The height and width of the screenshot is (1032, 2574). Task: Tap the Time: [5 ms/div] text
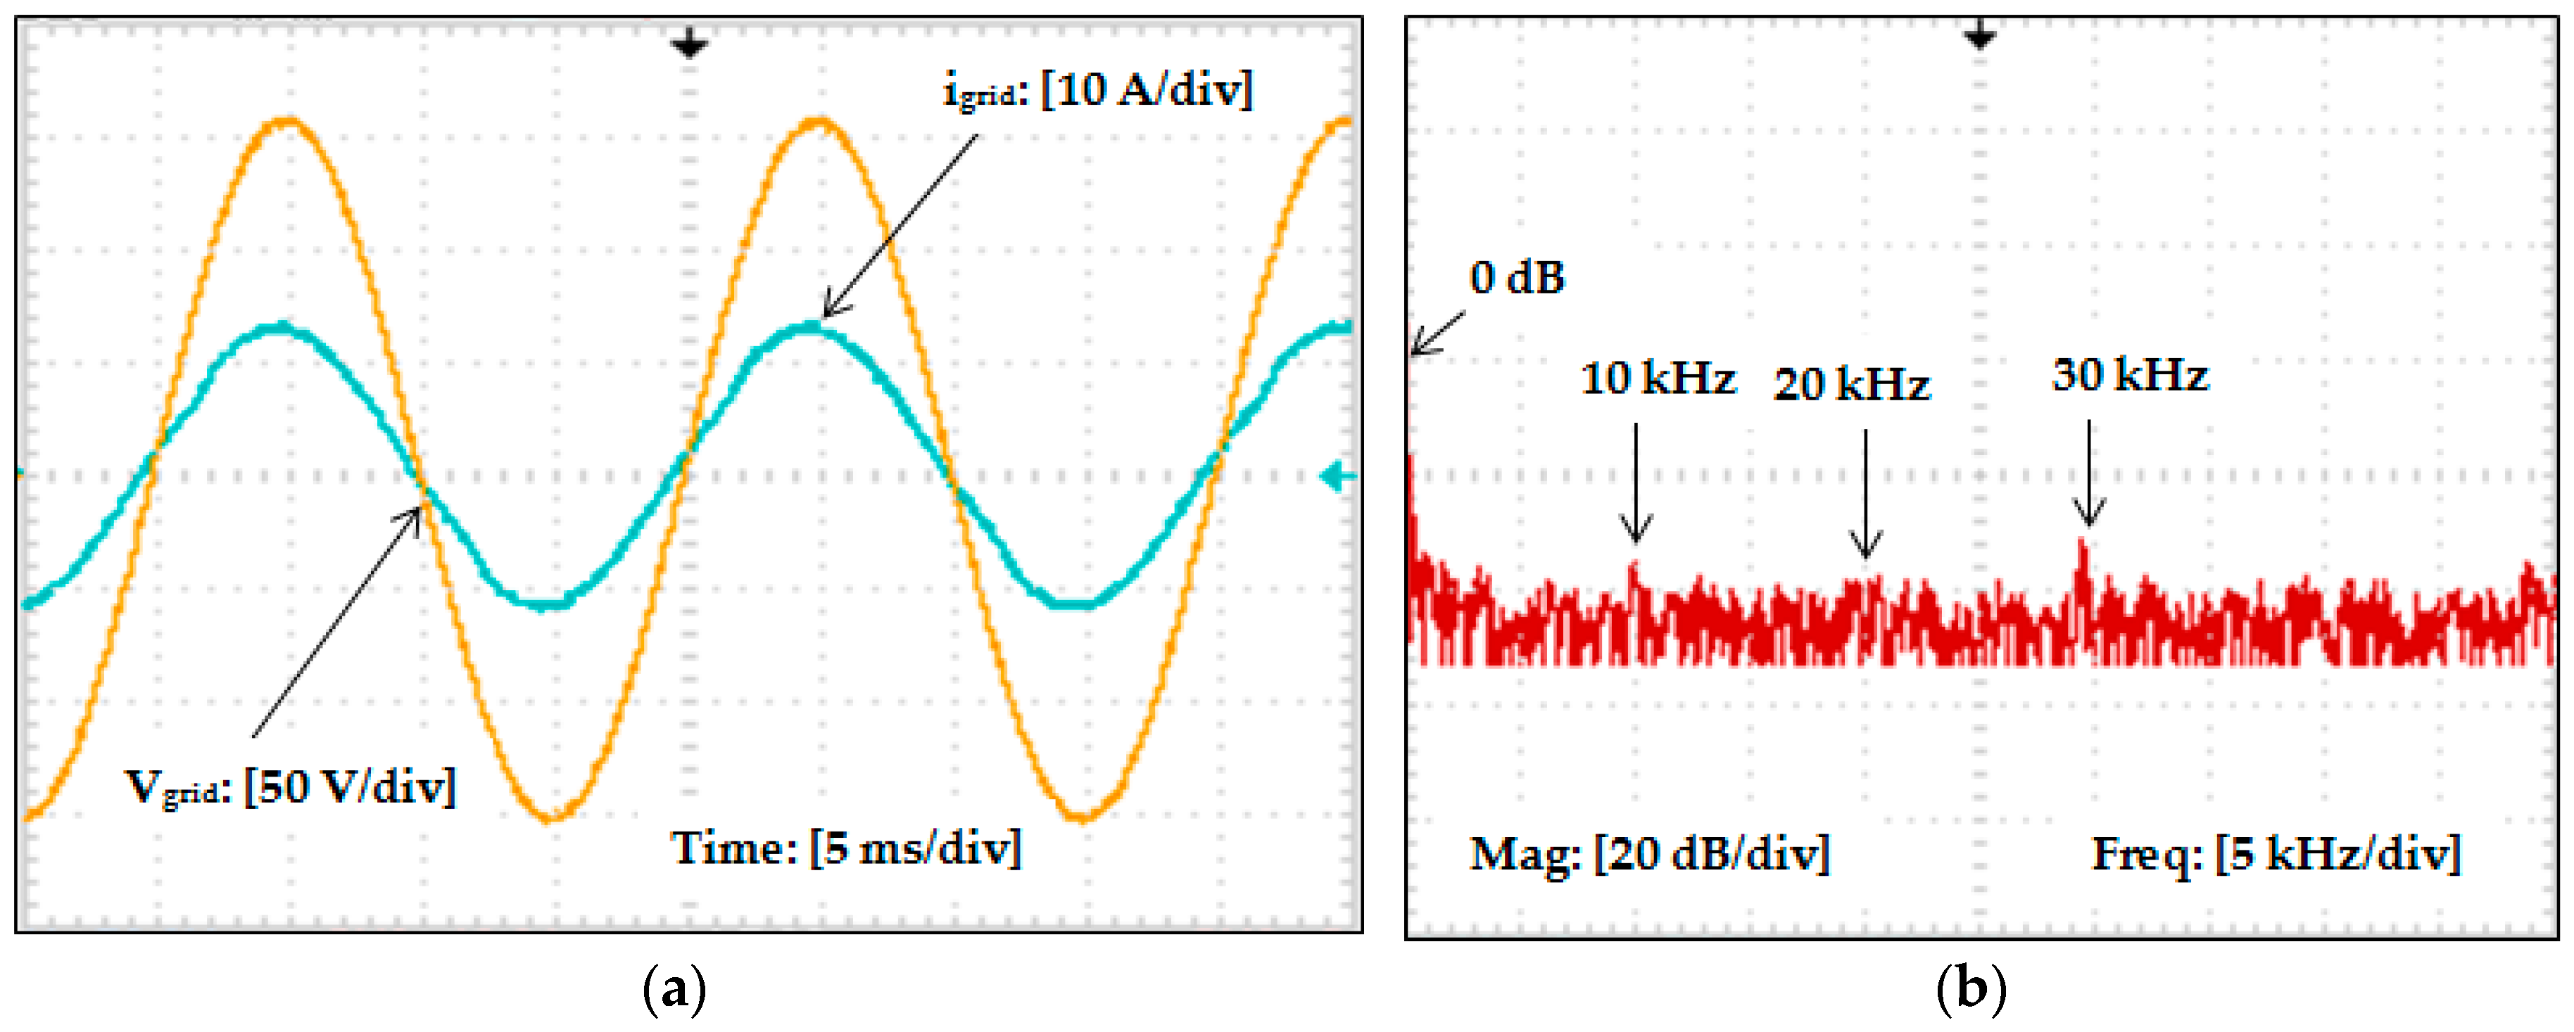(x=845, y=849)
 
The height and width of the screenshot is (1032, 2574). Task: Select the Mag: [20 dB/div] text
(x=1648, y=854)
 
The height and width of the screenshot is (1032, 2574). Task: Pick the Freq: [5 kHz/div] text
(x=2276, y=854)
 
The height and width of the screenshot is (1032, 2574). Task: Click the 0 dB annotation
(x=1516, y=279)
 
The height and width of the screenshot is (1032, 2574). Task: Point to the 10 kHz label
(x=1658, y=378)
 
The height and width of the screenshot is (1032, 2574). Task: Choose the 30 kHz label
(x=2129, y=376)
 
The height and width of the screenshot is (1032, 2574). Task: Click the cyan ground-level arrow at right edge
(x=1337, y=478)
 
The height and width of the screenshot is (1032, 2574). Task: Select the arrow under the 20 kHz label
(x=1865, y=495)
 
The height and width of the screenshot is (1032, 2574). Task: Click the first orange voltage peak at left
(x=288, y=122)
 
